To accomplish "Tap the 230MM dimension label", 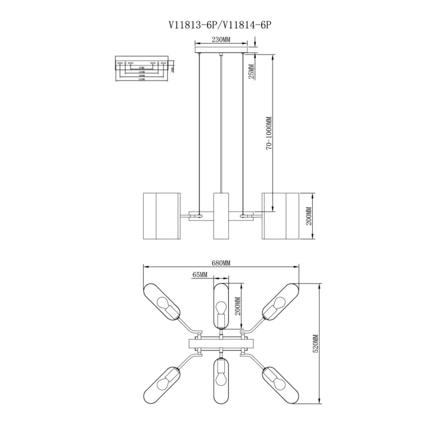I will click(x=221, y=40).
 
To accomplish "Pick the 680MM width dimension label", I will click(x=221, y=263).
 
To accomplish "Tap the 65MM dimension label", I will click(x=200, y=275).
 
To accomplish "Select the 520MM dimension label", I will click(x=316, y=344).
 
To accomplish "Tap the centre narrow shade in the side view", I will click(x=221, y=216).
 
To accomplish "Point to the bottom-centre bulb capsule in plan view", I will click(x=221, y=380).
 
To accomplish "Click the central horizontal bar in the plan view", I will click(x=221, y=344).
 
